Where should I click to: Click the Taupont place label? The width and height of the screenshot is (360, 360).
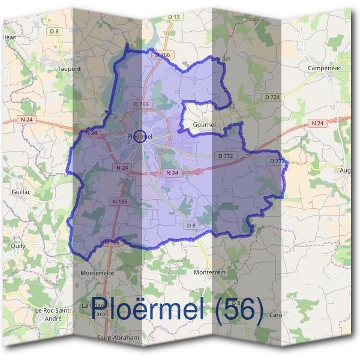tap(69, 69)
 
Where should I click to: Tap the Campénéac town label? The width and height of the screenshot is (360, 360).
tap(324, 68)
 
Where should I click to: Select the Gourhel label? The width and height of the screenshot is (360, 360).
tap(204, 124)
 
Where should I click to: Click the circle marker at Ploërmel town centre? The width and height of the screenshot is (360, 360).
tap(140, 136)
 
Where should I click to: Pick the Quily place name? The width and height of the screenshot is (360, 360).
tap(18, 245)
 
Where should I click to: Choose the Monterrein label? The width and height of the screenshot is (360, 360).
tap(209, 272)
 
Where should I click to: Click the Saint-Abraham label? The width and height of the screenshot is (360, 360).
tap(118, 338)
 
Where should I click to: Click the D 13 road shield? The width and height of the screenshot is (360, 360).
tap(174, 16)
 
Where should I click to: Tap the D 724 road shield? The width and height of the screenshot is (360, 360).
tap(272, 97)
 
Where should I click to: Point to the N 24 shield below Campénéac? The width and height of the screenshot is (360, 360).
tap(317, 123)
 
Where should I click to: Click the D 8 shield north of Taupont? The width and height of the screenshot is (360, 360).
tap(55, 31)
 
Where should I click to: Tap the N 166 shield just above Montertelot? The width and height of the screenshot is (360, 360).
tap(112, 242)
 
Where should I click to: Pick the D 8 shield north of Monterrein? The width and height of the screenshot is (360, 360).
tap(191, 225)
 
